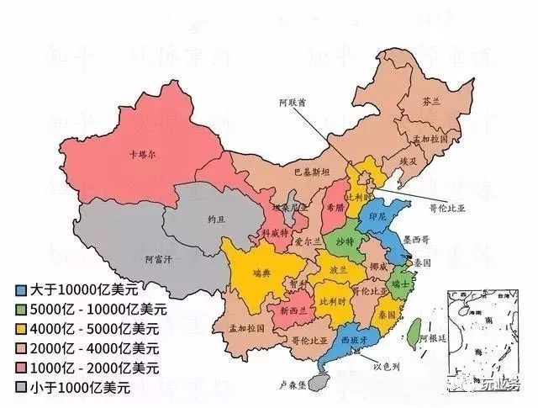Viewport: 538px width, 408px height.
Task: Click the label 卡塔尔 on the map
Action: click(x=142, y=155)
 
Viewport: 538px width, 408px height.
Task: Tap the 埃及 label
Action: click(x=409, y=160)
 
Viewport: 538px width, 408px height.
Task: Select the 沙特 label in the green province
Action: click(x=345, y=241)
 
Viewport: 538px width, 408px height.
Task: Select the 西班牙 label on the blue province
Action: click(x=355, y=338)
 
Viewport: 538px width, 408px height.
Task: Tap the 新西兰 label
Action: click(x=294, y=310)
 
